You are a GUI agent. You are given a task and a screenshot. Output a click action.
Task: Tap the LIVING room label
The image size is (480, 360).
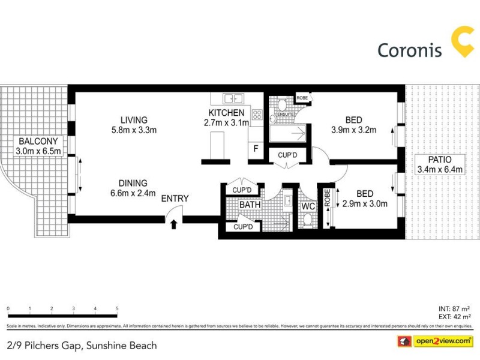click(x=133, y=119)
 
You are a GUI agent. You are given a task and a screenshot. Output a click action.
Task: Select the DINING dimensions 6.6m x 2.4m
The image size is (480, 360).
click(x=133, y=193)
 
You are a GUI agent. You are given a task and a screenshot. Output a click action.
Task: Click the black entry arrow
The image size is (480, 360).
click(x=174, y=224)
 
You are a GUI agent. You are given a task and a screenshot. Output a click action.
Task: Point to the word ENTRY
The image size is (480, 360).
click(x=175, y=199)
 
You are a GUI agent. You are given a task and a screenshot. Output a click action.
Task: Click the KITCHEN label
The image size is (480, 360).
click(x=226, y=113)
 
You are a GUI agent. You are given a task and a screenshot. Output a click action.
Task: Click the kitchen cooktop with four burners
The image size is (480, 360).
click(x=257, y=115)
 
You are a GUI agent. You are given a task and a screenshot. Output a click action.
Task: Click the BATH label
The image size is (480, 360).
click(x=250, y=205)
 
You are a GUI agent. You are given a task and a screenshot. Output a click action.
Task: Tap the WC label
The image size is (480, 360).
click(x=308, y=206)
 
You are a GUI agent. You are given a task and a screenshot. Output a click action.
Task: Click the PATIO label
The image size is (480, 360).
click(x=440, y=160)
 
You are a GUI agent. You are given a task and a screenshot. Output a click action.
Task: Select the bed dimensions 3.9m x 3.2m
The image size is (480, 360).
click(x=354, y=130)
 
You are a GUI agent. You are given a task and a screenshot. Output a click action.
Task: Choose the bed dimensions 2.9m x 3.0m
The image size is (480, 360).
click(x=365, y=203)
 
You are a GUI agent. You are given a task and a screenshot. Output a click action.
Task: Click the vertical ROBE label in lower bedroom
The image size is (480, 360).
click(x=328, y=199)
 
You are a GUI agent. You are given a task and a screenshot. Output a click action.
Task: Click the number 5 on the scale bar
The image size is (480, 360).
click(x=117, y=308)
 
